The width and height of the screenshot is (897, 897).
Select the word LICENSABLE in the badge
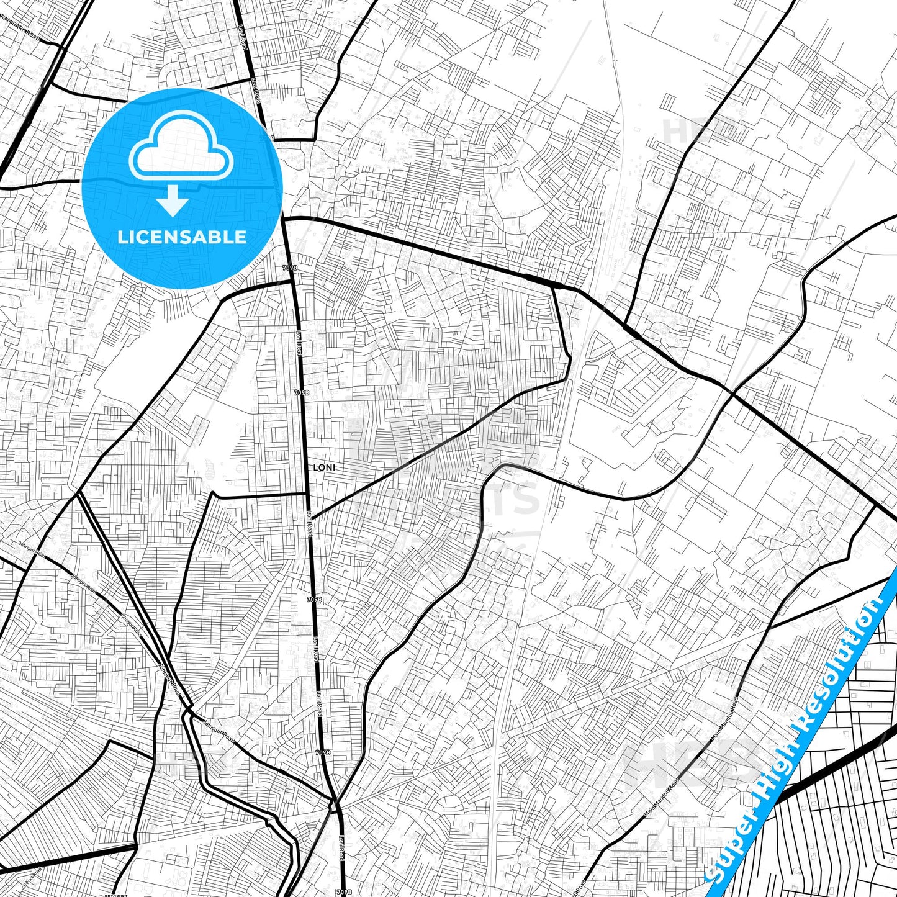tap(182, 237)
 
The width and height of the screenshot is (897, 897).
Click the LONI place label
tap(323, 467)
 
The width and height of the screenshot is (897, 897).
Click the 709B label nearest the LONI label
tap(301, 393)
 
